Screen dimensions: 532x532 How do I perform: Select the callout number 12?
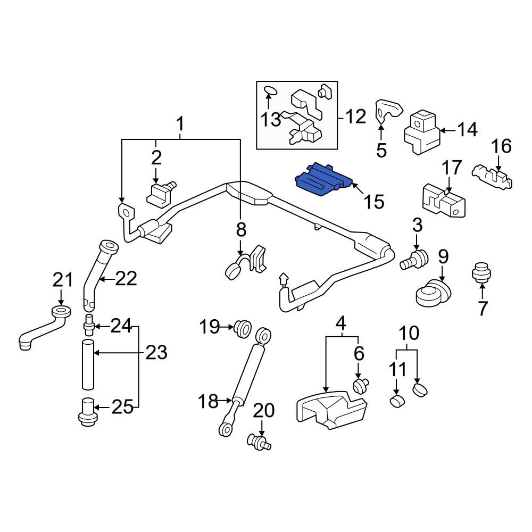[x=355, y=117]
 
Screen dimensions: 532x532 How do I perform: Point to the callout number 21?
[x=62, y=280]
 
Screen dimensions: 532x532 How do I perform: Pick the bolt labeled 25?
[x=88, y=412]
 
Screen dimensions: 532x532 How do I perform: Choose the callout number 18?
[x=208, y=401]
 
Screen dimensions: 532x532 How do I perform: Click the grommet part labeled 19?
[x=242, y=328]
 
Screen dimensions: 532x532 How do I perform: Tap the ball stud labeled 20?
[x=259, y=442]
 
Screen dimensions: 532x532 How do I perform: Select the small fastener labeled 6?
[x=361, y=386]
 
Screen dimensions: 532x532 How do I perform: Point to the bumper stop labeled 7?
[x=482, y=272]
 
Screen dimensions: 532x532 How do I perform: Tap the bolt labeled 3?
[x=414, y=260]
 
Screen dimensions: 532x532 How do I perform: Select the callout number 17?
[x=452, y=168]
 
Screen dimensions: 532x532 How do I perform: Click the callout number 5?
[x=381, y=150]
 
